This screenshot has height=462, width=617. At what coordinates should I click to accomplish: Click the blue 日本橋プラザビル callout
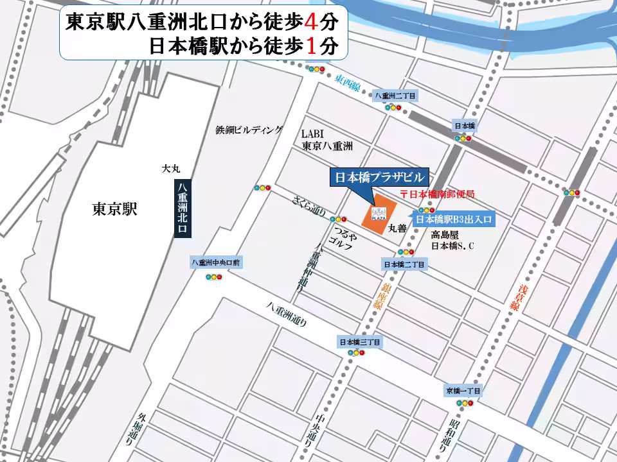379,177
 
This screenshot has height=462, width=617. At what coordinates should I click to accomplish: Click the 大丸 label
171,168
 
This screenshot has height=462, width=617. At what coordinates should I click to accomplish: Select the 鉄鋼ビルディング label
249,130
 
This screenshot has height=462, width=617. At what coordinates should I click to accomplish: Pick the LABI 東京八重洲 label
327,140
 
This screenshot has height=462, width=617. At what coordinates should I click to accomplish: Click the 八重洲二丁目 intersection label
395,96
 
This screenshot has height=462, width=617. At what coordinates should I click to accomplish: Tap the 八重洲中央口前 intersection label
215,262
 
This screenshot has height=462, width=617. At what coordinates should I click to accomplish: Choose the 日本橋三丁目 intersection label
359,342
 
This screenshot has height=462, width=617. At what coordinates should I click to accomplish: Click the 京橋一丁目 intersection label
463,390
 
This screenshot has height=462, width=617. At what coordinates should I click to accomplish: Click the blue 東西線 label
348,81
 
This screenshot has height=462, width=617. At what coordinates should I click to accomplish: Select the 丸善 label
397,228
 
